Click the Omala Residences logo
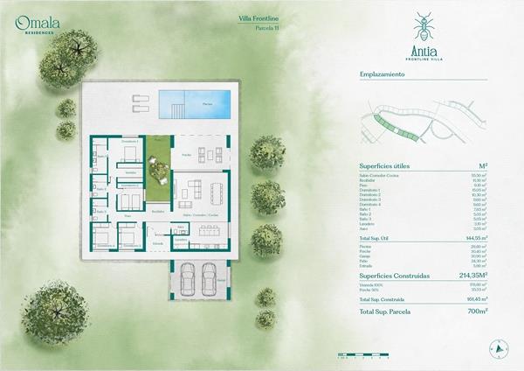tap(34, 24)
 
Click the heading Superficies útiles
tap(384, 164)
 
